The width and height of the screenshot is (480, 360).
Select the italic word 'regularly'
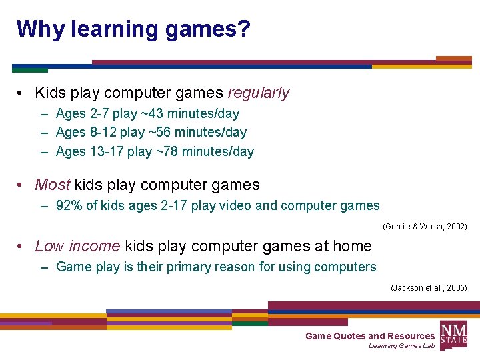tap(259, 93)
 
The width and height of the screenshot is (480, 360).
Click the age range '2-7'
tap(99, 113)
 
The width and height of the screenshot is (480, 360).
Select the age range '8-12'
tap(103, 132)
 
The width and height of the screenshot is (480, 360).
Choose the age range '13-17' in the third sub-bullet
tap(106, 151)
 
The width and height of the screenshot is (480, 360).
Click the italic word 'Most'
tap(52, 185)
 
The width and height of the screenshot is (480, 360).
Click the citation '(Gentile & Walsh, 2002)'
tap(425, 227)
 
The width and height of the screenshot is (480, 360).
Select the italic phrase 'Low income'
tap(77, 246)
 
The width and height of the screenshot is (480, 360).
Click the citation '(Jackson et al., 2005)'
tap(428, 288)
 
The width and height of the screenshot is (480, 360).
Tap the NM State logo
tap(453, 333)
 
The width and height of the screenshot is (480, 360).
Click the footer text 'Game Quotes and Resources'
tap(369, 336)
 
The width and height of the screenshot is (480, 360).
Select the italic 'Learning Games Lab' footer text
tap(401, 346)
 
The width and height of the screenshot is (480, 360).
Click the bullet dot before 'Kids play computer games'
tap(22, 93)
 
